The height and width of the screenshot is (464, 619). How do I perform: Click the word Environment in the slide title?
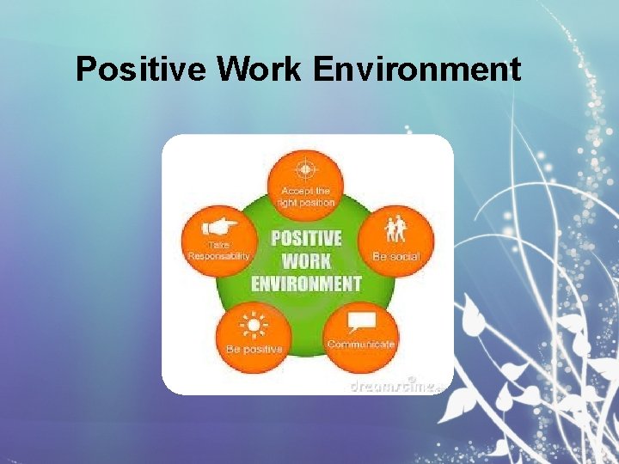[x=417, y=69]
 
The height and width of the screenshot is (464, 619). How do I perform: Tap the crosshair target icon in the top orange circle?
[x=306, y=168]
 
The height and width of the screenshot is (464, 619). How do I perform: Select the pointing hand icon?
[x=220, y=228]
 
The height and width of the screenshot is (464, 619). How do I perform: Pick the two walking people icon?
[x=397, y=230]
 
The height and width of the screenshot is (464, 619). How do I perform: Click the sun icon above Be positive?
[x=254, y=327]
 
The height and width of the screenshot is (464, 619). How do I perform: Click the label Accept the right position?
[x=306, y=196]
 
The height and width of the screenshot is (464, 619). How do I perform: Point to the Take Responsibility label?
[x=219, y=250]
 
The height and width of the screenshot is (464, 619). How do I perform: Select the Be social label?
[x=396, y=255]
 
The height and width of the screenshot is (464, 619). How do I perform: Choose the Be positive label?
[x=254, y=350]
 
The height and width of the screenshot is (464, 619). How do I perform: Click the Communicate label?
[x=361, y=344]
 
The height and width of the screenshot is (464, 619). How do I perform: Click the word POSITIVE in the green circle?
[x=306, y=238]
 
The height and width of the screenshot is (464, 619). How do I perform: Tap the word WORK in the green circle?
[x=306, y=259]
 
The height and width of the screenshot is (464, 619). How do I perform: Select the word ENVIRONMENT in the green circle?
[x=306, y=282]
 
